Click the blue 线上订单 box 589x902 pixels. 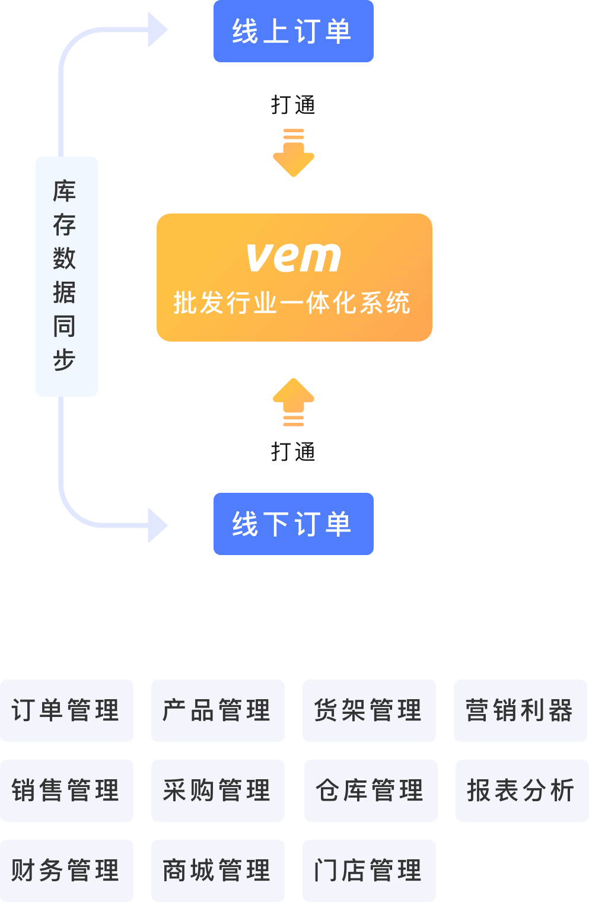[293, 31]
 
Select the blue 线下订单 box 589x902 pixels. [293, 524]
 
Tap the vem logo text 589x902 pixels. [294, 257]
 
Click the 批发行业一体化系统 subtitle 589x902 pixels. [292, 303]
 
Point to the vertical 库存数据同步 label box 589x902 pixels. [66, 276]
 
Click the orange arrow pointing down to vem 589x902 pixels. [294, 154]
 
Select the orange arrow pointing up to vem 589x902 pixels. [294, 401]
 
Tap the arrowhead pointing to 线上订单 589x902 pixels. [157, 30]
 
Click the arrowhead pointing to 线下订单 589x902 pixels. [157, 525]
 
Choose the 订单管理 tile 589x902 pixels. [66, 710]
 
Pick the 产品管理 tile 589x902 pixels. [218, 710]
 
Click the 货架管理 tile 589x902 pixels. [369, 710]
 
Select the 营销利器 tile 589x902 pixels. [520, 710]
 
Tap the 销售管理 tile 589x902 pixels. [66, 791]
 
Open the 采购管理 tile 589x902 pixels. [218, 791]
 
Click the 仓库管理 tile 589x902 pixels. [371, 791]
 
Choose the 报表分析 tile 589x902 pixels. [522, 791]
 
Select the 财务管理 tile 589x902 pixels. [66, 871]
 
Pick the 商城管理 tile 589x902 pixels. [218, 871]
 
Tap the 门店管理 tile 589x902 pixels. [369, 871]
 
